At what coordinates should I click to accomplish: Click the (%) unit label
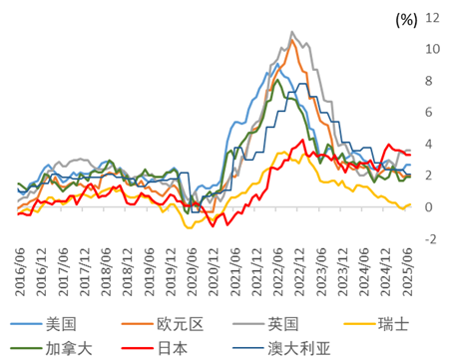(x=405, y=19)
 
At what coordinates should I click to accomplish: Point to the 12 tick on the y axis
(x=432, y=17)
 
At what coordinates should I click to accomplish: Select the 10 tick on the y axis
(x=432, y=49)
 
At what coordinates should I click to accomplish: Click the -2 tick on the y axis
(x=431, y=239)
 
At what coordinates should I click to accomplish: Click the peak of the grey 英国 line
(x=291, y=32)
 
